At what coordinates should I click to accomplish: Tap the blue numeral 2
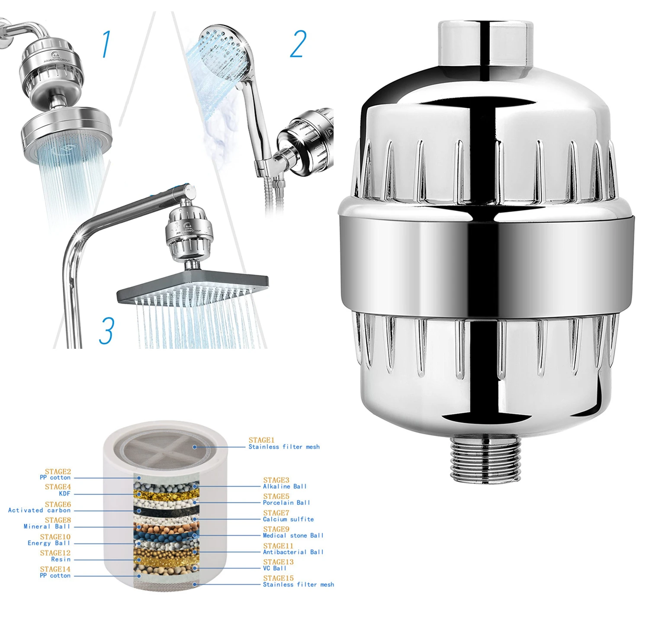(x=298, y=44)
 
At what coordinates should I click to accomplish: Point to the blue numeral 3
(x=106, y=331)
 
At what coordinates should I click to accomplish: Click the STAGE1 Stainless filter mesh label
(x=284, y=444)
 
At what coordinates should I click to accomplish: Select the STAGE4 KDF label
(x=58, y=490)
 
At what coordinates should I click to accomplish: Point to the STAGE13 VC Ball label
(x=278, y=565)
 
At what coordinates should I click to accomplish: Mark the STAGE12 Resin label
(x=55, y=556)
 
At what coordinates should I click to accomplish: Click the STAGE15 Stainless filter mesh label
(x=298, y=582)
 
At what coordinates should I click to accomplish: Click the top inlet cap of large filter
(x=485, y=43)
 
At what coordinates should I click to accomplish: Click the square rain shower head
(x=193, y=288)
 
